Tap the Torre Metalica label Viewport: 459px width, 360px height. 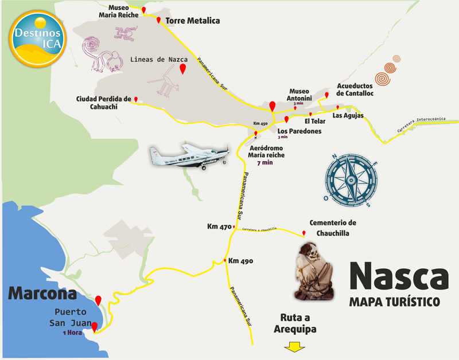pyautogui.click(x=193, y=21)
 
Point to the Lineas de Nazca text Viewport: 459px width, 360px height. pyautogui.click(x=159, y=59)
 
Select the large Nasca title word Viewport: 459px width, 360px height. pyautogui.click(x=398, y=277)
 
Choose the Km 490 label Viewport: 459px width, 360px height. pyautogui.click(x=240, y=261)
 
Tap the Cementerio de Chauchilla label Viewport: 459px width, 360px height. pyautogui.click(x=333, y=228)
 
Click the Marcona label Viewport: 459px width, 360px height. pyautogui.click(x=42, y=294)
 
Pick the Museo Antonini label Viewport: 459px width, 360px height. pyautogui.click(x=299, y=95)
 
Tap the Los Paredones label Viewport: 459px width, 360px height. pyautogui.click(x=299, y=131)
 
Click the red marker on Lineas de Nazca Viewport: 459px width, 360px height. pyautogui.click(x=182, y=69)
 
